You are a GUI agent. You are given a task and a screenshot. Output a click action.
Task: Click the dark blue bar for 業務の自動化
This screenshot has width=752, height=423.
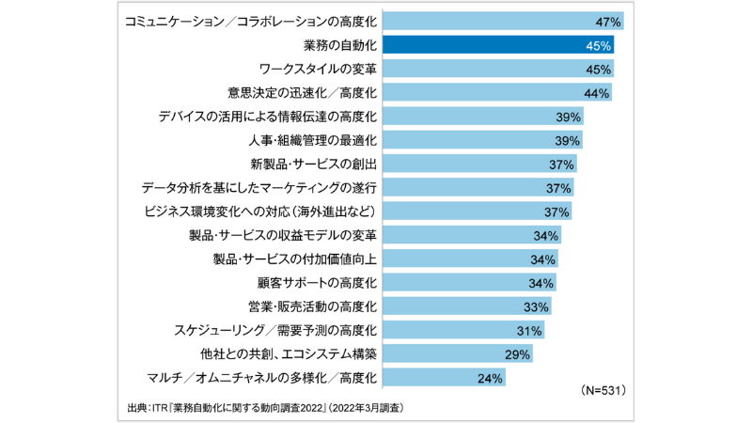coord(498,44)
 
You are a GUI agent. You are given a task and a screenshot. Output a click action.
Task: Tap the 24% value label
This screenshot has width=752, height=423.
coord(491,378)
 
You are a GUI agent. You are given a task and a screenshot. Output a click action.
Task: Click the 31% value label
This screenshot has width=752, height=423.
coord(529,331)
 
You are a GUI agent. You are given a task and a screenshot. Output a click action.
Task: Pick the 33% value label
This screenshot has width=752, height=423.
coord(536,306)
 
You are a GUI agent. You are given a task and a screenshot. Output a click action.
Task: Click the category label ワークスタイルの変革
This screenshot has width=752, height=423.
coord(317,69)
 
